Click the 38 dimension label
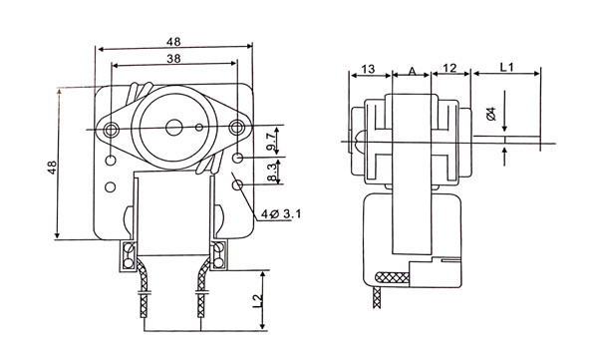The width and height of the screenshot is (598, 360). (x=173, y=59)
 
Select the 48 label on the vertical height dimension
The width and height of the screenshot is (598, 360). (x=52, y=168)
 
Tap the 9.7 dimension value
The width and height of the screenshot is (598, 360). (x=270, y=142)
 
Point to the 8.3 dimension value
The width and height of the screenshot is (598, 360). (x=271, y=173)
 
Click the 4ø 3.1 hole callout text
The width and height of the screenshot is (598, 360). (x=281, y=214)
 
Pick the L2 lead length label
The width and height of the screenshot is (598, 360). (x=258, y=301)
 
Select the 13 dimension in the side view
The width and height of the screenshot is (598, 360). (x=368, y=69)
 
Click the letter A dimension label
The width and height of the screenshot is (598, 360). (x=412, y=71)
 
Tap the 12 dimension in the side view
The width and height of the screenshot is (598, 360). (x=450, y=68)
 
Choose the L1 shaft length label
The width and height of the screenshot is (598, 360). (x=507, y=67)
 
